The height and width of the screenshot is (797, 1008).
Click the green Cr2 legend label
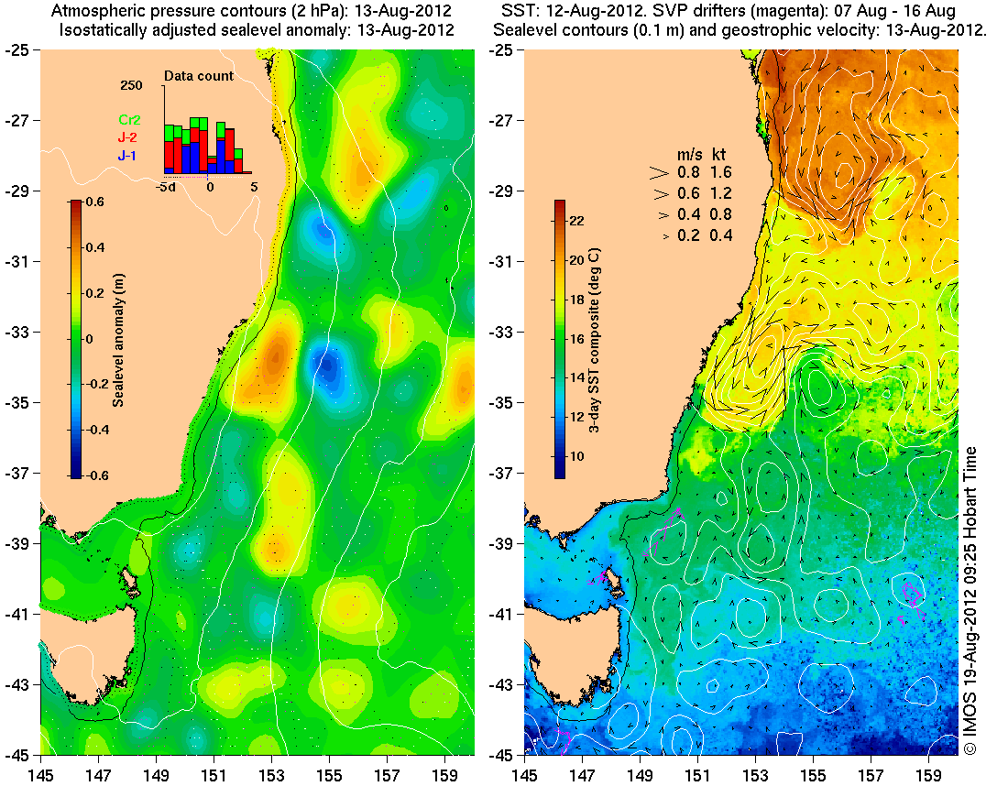[x=126, y=119]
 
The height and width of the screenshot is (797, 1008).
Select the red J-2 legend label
[x=126, y=137]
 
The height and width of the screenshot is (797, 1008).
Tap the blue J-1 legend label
[x=126, y=157]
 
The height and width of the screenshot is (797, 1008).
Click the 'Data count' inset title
[x=199, y=76]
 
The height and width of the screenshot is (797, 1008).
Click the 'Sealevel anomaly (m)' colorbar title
[x=118, y=338]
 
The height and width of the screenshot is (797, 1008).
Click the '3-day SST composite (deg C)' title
[x=596, y=339]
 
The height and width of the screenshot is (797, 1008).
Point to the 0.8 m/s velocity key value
[x=686, y=171]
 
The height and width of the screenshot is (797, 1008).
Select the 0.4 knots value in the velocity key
[x=722, y=236]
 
